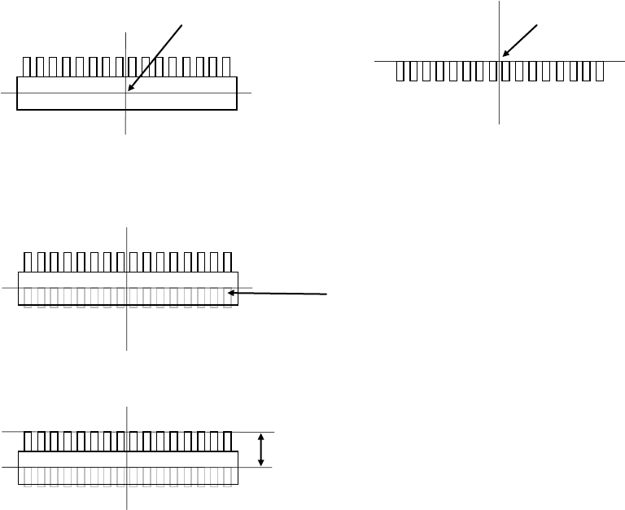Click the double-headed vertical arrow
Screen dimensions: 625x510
[x=260, y=449]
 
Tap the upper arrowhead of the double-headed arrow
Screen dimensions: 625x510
[x=260, y=435]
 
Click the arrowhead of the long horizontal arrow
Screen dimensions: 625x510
[x=232, y=292]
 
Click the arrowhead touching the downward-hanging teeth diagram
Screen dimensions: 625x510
[x=505, y=55]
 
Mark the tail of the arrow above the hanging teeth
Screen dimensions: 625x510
[x=538, y=25]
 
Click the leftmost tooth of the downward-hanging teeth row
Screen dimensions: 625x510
[x=400, y=71]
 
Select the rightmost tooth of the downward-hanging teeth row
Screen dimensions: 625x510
[x=600, y=71]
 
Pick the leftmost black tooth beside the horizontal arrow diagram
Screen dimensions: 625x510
[x=28, y=262]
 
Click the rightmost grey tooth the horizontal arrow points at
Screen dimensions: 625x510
[x=229, y=297]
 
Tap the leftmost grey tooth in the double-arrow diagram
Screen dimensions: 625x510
[x=28, y=476]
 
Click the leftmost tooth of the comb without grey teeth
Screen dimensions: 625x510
[x=28, y=67]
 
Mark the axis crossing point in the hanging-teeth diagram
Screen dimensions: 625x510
[x=499, y=60]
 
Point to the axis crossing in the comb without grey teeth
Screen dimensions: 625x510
[x=126, y=93]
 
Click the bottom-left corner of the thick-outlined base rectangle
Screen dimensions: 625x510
[x=17, y=109]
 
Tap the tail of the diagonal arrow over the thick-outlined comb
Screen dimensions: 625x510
[x=181, y=24]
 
